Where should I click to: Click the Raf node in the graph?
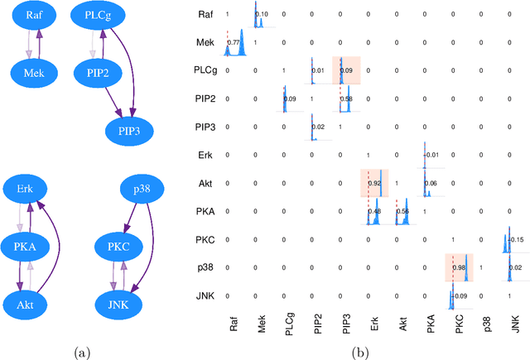(x=33, y=16)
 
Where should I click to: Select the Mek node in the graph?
(x=33, y=73)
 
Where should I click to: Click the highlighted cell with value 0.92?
(x=374, y=183)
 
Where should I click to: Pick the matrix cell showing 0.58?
(x=345, y=99)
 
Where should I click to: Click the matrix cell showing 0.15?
(x=513, y=239)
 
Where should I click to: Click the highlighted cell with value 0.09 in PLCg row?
(x=345, y=70)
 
